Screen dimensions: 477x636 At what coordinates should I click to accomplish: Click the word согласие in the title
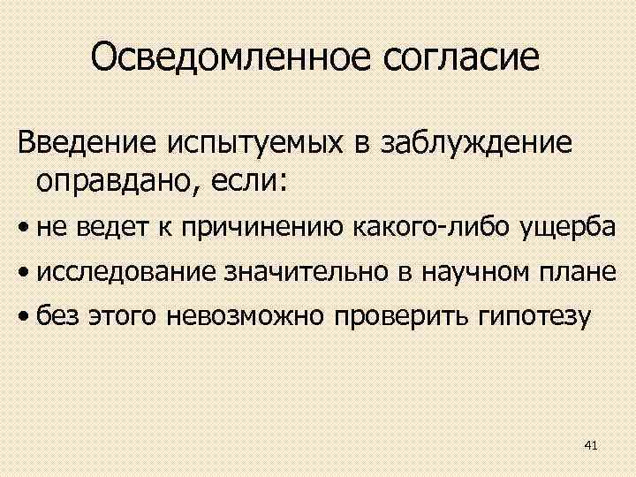pyautogui.click(x=462, y=57)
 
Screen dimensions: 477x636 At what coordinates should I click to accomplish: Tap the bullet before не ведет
pyautogui.click(x=25, y=230)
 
